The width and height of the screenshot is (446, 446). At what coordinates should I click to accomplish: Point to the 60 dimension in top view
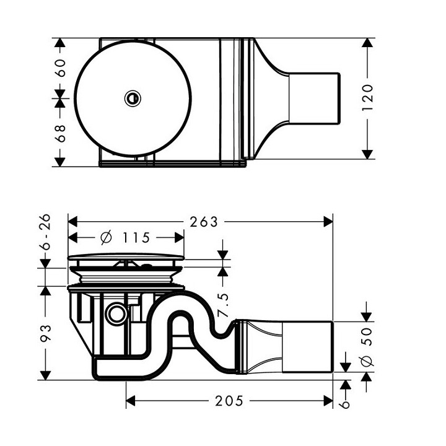click(x=60, y=68)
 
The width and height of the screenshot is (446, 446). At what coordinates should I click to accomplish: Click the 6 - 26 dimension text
click(x=45, y=237)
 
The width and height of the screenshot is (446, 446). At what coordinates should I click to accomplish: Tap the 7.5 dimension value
click(x=224, y=304)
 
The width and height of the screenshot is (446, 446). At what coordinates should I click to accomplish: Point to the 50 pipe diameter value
click(x=367, y=338)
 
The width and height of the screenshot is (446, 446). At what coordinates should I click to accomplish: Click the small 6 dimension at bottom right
click(x=346, y=403)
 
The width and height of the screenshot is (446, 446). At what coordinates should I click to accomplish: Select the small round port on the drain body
click(x=114, y=315)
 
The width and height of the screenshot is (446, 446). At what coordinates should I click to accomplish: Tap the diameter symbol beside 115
click(x=105, y=237)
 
